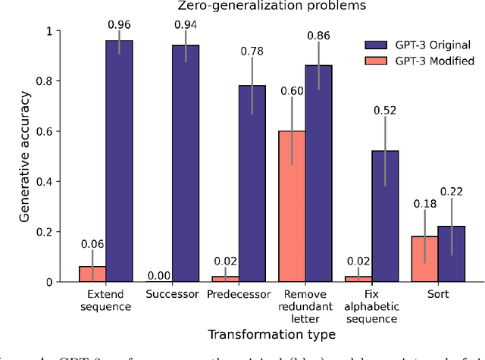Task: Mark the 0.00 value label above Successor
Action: point(158,276)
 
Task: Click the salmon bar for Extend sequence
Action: point(92,274)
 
